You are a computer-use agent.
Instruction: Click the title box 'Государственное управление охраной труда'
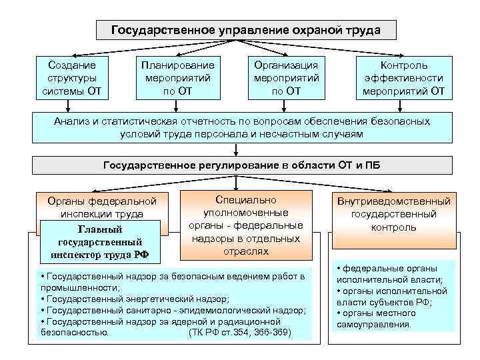coord(246,31)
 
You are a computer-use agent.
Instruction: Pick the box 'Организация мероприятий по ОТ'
coord(286,79)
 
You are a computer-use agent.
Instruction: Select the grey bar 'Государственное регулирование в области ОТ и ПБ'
coord(241,165)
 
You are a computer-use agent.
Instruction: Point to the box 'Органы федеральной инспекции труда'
coord(102,207)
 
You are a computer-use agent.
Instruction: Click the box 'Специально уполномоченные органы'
coord(246,225)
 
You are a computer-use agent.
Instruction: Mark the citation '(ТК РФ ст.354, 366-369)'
coord(241,332)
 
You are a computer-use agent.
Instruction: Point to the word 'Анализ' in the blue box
coord(70,122)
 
